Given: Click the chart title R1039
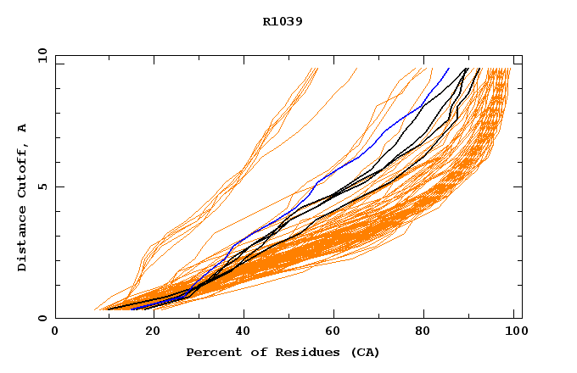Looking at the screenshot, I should click(283, 21).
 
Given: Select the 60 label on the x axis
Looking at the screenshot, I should click(335, 331).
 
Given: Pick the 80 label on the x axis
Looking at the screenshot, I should click(429, 331).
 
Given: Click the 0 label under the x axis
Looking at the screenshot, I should click(55, 331).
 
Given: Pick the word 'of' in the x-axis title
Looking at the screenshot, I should click(253, 352).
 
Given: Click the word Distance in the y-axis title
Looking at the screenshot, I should click(22, 237).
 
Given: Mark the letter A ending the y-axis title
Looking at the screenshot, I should click(22, 128).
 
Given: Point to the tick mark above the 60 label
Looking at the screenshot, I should click(335, 315).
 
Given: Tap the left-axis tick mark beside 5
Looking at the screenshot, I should click(59, 186).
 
